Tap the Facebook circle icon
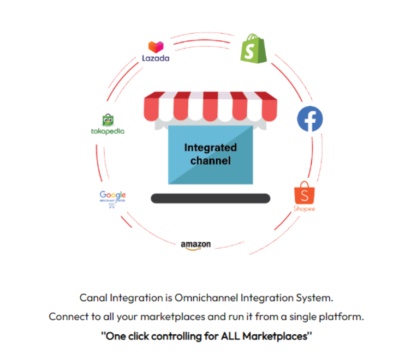(x=309, y=118)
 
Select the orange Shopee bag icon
(x=304, y=194)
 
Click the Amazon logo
(x=195, y=245)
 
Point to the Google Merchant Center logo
(x=113, y=197)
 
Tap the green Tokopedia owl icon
(x=108, y=120)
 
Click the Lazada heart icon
(x=156, y=46)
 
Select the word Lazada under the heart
(x=156, y=58)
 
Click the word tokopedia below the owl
(x=108, y=131)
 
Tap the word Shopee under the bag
(x=304, y=208)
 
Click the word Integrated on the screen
(x=211, y=147)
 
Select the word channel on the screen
(x=211, y=160)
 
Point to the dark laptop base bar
(x=210, y=199)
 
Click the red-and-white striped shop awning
(x=210, y=107)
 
